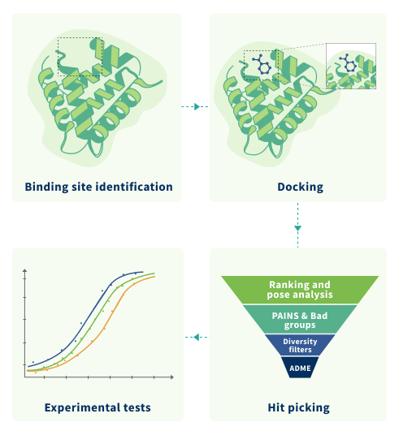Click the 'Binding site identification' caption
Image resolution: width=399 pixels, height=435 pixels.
(98, 187)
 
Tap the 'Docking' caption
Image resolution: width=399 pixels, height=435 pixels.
(301, 187)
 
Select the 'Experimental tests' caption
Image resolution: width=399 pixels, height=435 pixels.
(98, 407)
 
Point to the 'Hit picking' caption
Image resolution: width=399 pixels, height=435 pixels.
(299, 407)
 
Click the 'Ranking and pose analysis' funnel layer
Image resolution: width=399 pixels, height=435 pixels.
(300, 290)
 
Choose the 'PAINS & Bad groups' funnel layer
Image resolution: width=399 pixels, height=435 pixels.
(300, 320)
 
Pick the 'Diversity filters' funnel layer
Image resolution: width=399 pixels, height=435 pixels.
(300, 345)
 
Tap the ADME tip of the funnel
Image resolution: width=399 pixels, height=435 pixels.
(300, 368)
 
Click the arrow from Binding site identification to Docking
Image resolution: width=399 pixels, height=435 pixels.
(195, 106)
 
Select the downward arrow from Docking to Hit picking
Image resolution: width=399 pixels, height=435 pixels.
(298, 225)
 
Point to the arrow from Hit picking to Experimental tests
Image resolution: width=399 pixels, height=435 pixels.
(197, 337)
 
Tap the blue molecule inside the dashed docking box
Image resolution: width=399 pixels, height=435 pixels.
(262, 65)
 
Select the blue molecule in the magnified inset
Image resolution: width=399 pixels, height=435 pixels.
(347, 62)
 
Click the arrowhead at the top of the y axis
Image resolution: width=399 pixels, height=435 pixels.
(25, 270)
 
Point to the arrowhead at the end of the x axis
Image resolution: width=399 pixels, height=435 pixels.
(172, 377)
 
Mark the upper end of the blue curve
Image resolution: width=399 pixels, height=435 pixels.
(143, 272)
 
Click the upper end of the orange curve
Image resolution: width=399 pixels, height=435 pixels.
(154, 276)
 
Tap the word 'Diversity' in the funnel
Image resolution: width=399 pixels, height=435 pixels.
(300, 342)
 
